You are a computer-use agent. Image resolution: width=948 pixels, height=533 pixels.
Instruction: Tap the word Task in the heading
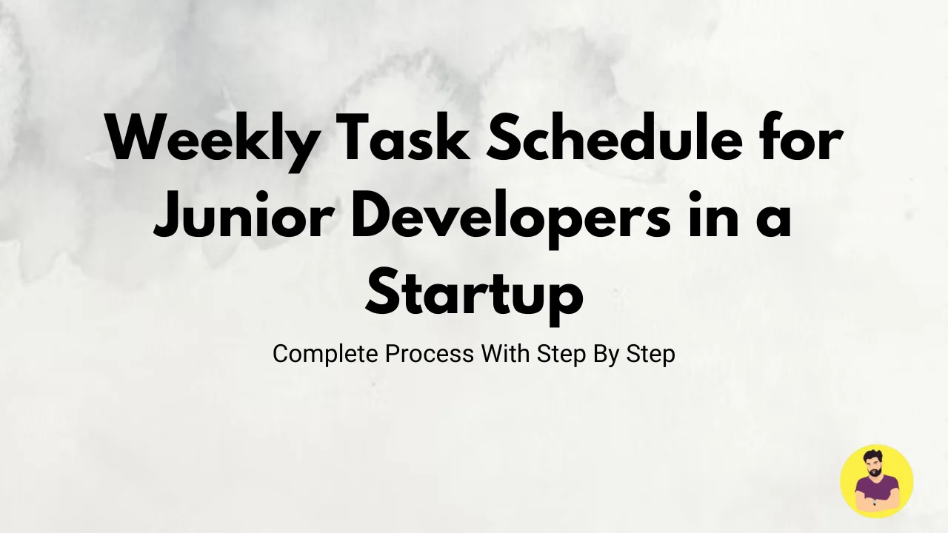[x=406, y=137]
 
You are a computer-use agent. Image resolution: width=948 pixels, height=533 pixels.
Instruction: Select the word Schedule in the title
[x=615, y=137]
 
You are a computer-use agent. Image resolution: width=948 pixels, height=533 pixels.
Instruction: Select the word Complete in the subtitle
[x=325, y=354]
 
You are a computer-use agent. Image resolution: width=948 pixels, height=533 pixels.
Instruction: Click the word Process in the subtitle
[x=430, y=354]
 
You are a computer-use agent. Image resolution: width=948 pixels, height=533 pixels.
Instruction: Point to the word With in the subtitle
[x=505, y=354]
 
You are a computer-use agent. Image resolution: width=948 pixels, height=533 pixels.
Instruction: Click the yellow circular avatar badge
[x=876, y=481]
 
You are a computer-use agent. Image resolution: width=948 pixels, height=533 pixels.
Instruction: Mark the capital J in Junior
[x=167, y=215]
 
